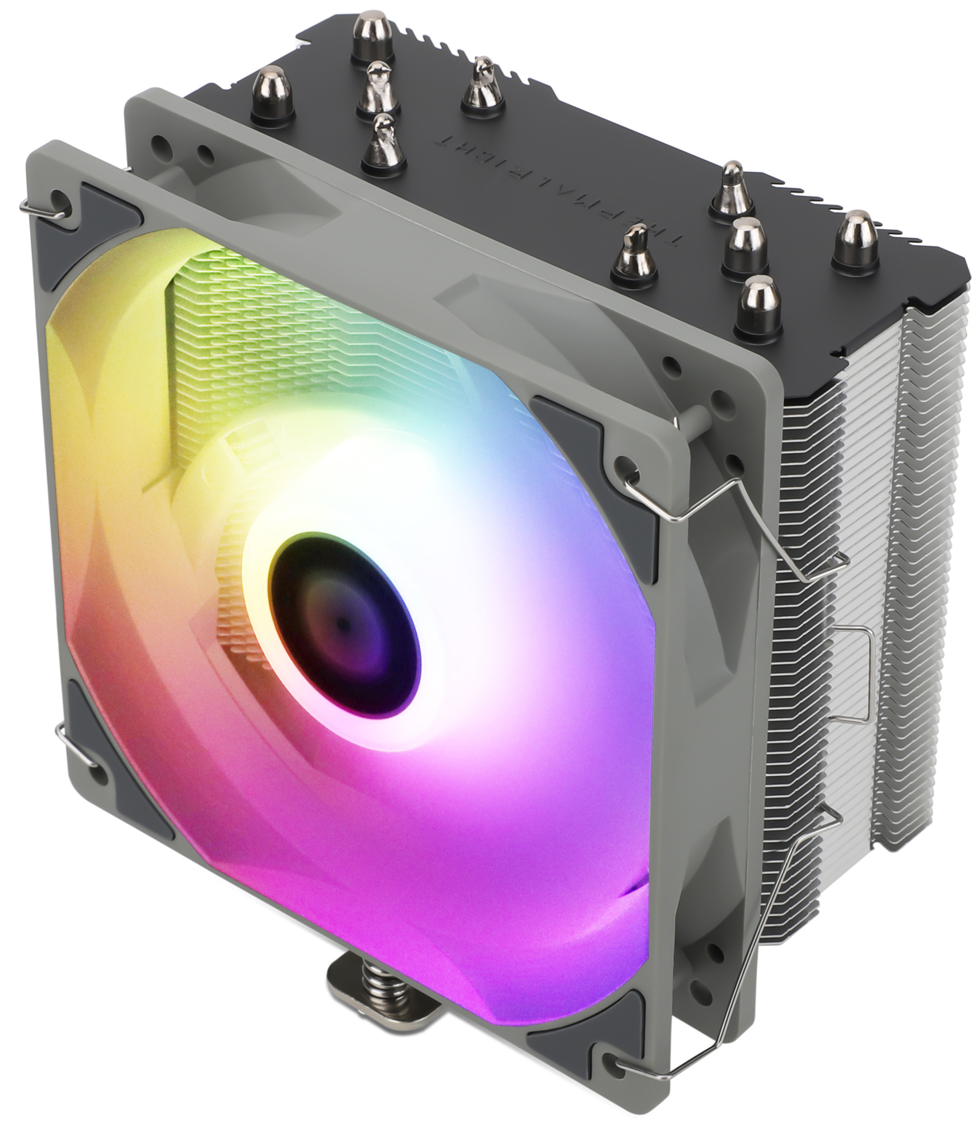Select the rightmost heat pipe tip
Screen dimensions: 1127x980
[x=852, y=238]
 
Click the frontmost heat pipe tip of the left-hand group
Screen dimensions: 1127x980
[x=383, y=143]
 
